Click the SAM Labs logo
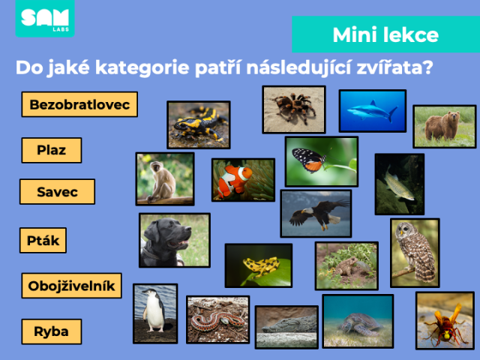pyautogui.click(x=45, y=18)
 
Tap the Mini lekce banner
pyautogui.click(x=385, y=34)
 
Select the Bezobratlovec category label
pyautogui.click(x=79, y=104)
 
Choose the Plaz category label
pyautogui.click(x=52, y=150)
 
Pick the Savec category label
pyautogui.click(x=57, y=192)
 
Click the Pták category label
pyautogui.click(x=43, y=240)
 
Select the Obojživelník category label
pyautogui.click(x=72, y=286)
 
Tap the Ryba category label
pyautogui.click(x=52, y=331)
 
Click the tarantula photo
pyautogui.click(x=294, y=109)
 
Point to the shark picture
pyautogui.click(x=373, y=111)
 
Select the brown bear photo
pyautogui.click(x=445, y=127)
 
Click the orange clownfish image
pyautogui.click(x=243, y=180)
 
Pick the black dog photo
pyautogui.click(x=175, y=240)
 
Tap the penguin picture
pyautogui.click(x=155, y=313)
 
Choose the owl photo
pyautogui.click(x=415, y=253)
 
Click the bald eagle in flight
pyautogui.click(x=316, y=214)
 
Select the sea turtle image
pyautogui.click(x=358, y=321)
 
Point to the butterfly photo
pyautogui.click(x=322, y=162)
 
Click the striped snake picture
pyautogui.click(x=218, y=319)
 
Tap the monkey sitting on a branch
pyautogui.click(x=165, y=179)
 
